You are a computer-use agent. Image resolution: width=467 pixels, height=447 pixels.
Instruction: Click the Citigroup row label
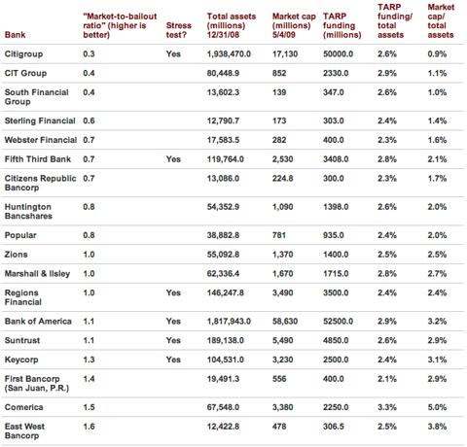click(x=23, y=54)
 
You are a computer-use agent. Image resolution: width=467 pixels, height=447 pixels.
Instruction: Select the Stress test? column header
click(x=179, y=30)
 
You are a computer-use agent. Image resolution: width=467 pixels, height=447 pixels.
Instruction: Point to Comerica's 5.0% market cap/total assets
click(x=437, y=407)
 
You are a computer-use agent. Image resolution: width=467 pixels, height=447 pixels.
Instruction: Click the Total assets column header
click(x=232, y=25)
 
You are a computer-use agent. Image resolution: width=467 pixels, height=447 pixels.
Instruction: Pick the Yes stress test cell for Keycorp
click(x=173, y=360)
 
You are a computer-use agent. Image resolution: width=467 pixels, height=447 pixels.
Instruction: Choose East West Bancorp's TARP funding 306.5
click(x=334, y=427)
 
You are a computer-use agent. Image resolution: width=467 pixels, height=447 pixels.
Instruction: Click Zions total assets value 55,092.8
click(x=223, y=255)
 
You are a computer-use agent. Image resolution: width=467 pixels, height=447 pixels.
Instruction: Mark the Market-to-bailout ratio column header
click(x=120, y=25)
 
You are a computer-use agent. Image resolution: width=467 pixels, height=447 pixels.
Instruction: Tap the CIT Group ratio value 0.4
click(x=89, y=73)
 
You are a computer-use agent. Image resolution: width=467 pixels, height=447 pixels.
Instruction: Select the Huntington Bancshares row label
click(x=28, y=211)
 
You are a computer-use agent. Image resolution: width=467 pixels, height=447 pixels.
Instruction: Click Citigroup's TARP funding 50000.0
click(x=338, y=54)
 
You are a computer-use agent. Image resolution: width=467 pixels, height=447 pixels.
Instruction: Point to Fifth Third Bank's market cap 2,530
click(x=283, y=159)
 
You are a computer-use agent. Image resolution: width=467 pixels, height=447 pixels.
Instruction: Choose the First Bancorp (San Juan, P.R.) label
click(x=37, y=383)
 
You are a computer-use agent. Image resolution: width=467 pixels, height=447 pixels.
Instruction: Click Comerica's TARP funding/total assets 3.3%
click(x=387, y=407)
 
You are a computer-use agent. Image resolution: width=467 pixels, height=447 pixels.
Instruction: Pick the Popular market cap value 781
click(x=279, y=235)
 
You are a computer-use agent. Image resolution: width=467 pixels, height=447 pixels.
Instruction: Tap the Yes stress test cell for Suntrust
click(x=173, y=340)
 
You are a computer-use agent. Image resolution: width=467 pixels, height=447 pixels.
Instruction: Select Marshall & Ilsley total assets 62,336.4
click(x=223, y=273)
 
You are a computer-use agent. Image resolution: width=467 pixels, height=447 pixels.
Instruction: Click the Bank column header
click(x=15, y=35)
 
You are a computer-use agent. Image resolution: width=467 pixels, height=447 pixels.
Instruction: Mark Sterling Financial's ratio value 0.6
click(x=89, y=120)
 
